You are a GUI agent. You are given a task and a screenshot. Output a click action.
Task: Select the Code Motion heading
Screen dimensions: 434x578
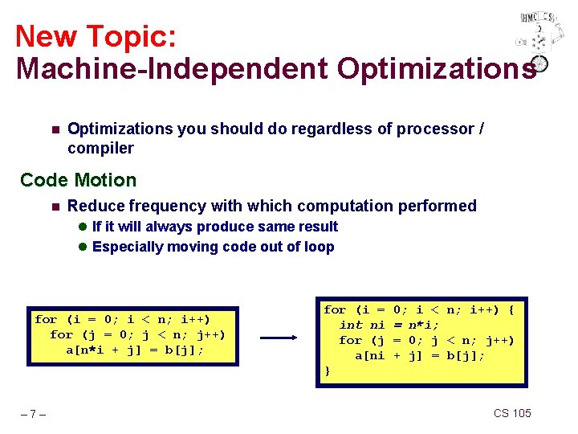[x=79, y=180]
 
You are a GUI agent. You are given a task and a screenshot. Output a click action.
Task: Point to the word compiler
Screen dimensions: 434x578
[x=100, y=148]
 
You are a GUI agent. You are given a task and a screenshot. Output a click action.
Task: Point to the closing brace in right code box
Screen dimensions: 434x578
[x=327, y=371]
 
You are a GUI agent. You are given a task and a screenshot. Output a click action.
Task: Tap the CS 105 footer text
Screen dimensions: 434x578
[x=512, y=413]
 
